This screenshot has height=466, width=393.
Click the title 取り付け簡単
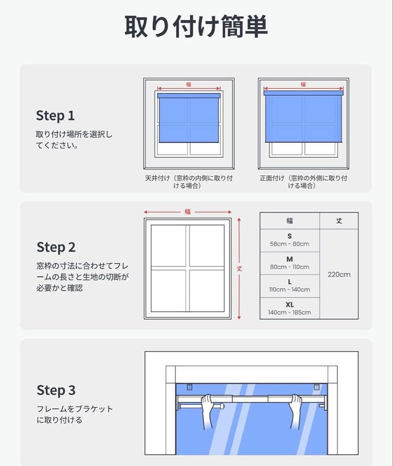point(196,27)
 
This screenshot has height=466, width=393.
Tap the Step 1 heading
point(55,116)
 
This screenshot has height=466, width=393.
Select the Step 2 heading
point(56,247)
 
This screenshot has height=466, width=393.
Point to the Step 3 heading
point(56,390)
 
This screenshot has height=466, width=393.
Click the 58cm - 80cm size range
point(289,244)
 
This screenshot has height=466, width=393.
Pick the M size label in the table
point(289,259)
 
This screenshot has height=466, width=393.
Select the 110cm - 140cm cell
point(289,290)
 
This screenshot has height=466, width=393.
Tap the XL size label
point(289,305)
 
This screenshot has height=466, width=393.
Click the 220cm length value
point(339,274)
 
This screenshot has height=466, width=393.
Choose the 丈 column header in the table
point(339,221)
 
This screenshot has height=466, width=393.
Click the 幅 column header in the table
point(289,221)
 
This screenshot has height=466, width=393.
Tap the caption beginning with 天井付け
point(189,182)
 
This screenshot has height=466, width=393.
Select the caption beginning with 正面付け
point(303,182)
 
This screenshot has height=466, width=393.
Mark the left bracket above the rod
point(190,387)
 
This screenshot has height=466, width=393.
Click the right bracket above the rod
point(317,387)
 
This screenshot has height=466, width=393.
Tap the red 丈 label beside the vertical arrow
point(239,269)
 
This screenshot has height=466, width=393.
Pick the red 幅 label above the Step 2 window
point(187,211)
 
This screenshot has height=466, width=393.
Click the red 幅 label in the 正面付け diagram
point(303,85)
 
